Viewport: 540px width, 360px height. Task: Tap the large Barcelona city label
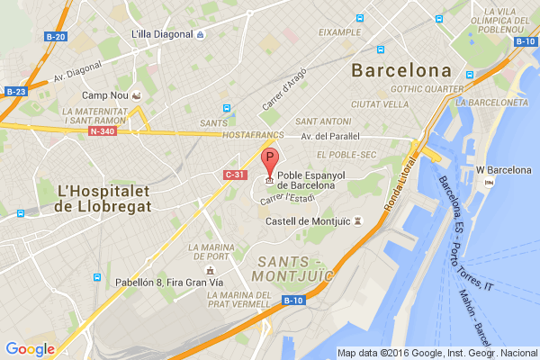coord(401,70)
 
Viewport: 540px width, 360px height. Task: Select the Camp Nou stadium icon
coord(136,94)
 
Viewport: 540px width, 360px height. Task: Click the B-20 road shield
coord(55,37)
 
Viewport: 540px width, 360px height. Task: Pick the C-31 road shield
coord(235,174)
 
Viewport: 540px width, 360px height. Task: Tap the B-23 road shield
coord(14,91)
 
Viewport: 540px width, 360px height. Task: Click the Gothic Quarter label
coord(427,89)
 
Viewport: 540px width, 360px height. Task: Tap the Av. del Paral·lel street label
coord(331,137)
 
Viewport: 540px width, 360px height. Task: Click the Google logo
coord(30,348)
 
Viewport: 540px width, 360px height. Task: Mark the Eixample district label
coord(338,31)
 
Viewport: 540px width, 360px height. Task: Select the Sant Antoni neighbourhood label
coord(323,121)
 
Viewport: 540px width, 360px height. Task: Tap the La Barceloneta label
coord(491,102)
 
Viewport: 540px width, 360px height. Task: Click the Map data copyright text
coord(436,353)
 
